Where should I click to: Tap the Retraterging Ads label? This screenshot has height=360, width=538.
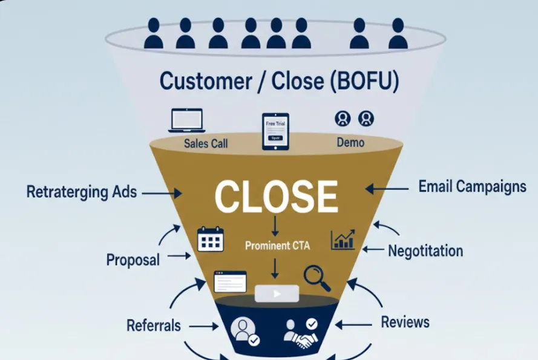coord(82,192)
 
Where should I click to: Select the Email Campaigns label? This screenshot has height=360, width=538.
coord(472,186)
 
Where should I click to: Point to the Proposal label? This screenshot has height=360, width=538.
coord(133,260)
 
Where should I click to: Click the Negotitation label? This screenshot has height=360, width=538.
coord(425,250)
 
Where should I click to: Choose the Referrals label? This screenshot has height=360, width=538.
coord(154,325)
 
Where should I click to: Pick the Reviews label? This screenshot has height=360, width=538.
coord(405,322)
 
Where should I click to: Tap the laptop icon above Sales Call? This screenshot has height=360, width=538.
coord(186,120)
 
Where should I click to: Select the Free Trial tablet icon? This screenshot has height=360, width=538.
coord(275,131)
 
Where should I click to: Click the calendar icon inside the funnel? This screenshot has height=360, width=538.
coord(211,240)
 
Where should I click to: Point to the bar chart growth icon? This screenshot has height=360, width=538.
coord(343,240)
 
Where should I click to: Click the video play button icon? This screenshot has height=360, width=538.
coord(277,293)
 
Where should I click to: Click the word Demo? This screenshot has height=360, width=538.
coord(350,142)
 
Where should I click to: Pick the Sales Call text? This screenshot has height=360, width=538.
coord(206,144)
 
